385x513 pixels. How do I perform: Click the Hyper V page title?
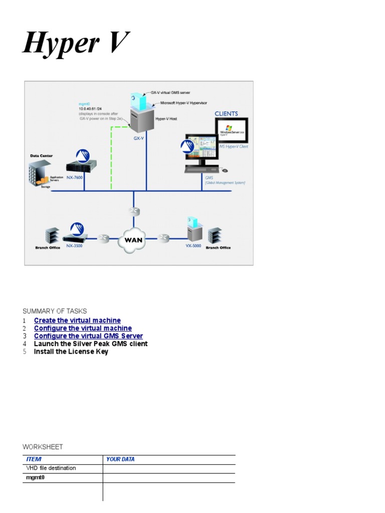pyautogui.click(x=76, y=43)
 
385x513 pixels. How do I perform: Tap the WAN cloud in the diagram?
pyautogui.click(x=134, y=239)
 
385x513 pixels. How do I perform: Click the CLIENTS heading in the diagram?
pyautogui.click(x=227, y=114)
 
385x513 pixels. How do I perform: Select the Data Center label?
pyautogui.click(x=41, y=156)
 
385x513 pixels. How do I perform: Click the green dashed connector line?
pyautogui.click(x=111, y=160)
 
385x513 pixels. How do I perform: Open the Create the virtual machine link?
pyautogui.click(x=77, y=320)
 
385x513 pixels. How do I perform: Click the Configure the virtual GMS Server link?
pyautogui.click(x=88, y=336)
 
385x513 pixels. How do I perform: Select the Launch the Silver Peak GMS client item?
pyautogui.click(x=91, y=344)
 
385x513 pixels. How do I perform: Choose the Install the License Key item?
pyautogui.click(x=71, y=352)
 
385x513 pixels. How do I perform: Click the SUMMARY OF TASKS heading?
pyautogui.click(x=55, y=311)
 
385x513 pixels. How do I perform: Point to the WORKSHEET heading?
pyautogui.click(x=43, y=447)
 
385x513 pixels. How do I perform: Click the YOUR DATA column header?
pyautogui.click(x=120, y=459)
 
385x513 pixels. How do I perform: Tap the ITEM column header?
pyautogui.click(x=34, y=459)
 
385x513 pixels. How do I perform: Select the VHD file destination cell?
pyautogui.click(x=51, y=468)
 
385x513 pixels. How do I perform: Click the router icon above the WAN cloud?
pyautogui.click(x=134, y=211)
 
